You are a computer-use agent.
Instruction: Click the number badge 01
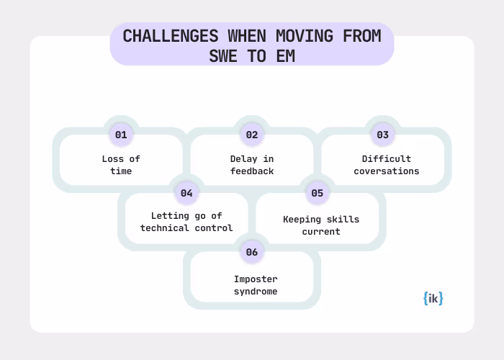[121, 135]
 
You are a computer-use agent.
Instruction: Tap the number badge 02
[252, 135]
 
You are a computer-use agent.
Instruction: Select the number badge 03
[382, 135]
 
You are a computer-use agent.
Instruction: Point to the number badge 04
[186, 193]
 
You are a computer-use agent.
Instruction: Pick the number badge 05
[317, 193]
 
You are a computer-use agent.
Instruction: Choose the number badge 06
[252, 252]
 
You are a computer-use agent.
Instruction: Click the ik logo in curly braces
[433, 297]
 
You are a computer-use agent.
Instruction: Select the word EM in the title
[286, 55]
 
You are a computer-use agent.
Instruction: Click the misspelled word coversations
[387, 171]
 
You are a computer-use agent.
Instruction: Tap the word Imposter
[256, 279]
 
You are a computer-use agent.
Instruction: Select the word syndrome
[256, 292]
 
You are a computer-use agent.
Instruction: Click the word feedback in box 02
[252, 171]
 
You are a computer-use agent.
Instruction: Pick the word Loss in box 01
[111, 158]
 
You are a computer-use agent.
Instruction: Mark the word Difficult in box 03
[387, 158]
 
